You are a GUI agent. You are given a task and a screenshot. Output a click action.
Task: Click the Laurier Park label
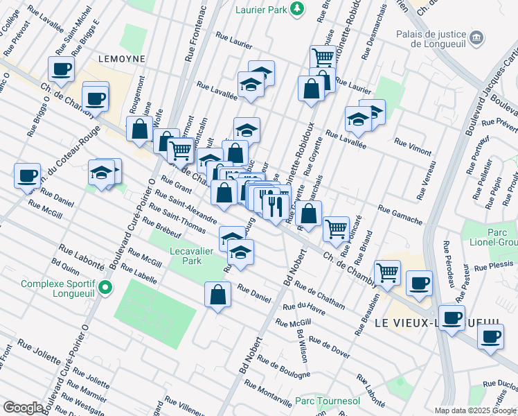click(258, 8)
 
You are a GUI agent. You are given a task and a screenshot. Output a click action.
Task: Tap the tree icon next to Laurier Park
click(296, 8)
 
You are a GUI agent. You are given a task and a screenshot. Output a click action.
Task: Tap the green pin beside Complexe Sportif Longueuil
click(105, 287)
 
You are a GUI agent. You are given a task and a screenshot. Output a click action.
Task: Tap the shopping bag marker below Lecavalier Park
click(218, 294)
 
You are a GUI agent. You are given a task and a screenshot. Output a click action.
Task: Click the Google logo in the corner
click(24, 408)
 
